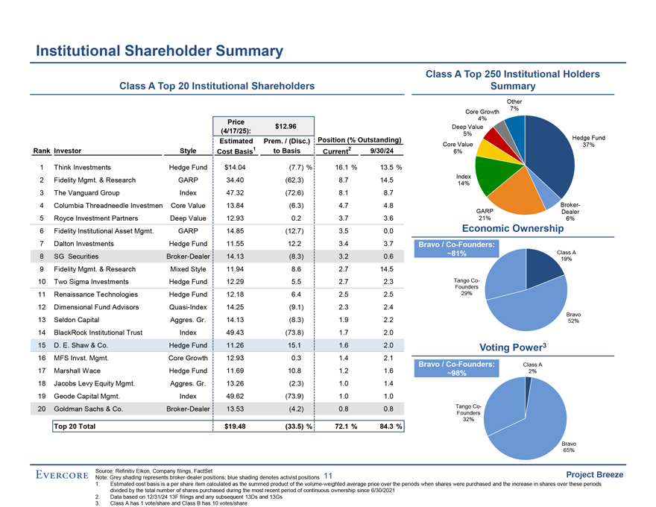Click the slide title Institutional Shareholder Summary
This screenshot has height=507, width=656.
[160, 51]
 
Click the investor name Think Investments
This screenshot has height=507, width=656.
[83, 168]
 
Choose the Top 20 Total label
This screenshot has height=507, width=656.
[75, 426]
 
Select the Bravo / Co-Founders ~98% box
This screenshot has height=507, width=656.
[457, 369]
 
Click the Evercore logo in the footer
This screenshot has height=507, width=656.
[63, 476]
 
